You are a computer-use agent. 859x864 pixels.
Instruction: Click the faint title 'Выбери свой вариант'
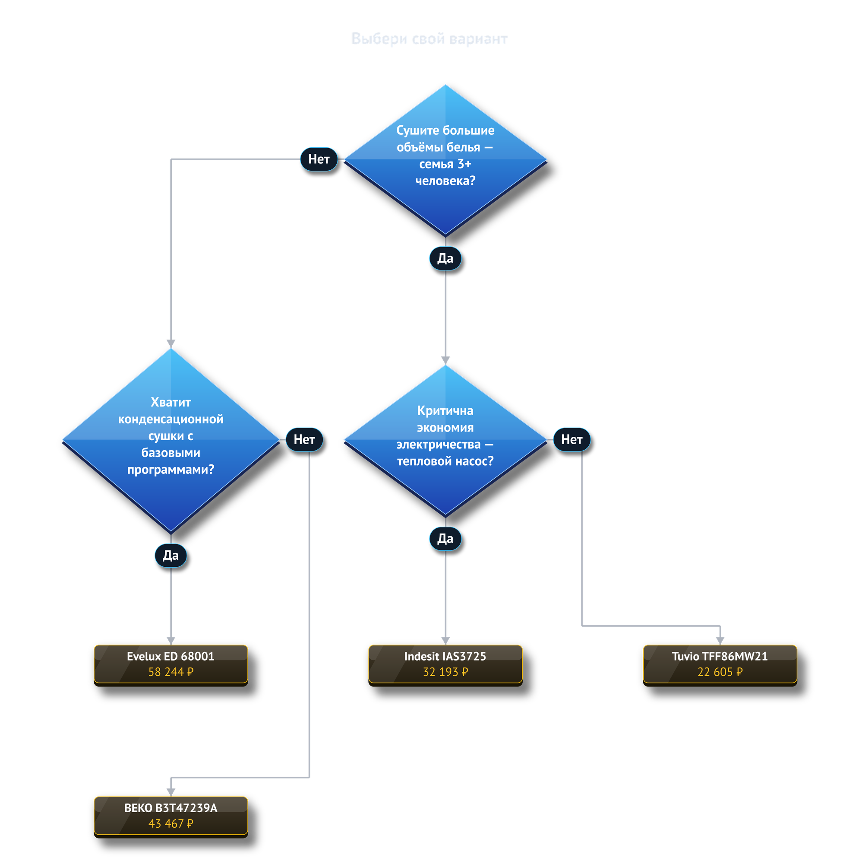click(429, 39)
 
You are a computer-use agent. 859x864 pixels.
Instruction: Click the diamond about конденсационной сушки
click(171, 440)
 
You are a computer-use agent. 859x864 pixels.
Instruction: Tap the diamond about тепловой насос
click(445, 440)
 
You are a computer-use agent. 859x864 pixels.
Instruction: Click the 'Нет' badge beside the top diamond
click(319, 159)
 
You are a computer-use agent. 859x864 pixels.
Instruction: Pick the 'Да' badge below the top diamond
click(445, 258)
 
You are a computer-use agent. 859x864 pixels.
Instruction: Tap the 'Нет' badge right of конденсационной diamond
click(304, 439)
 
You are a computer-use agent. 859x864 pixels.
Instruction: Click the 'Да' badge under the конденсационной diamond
click(171, 556)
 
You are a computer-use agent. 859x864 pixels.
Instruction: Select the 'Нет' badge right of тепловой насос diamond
click(572, 439)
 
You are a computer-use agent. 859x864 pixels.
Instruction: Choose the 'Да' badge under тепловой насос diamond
click(445, 538)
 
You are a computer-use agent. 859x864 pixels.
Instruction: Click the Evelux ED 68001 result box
click(171, 664)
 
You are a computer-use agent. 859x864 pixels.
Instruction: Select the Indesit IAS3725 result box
click(445, 664)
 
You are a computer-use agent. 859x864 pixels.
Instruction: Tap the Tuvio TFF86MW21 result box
click(720, 664)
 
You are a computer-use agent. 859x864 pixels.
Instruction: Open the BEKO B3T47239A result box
click(171, 816)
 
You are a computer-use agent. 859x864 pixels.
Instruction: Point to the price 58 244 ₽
click(171, 672)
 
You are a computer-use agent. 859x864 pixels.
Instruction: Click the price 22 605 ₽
click(720, 672)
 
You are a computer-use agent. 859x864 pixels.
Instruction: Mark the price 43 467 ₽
click(171, 823)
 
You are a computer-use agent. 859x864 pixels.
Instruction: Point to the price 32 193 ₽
click(445, 672)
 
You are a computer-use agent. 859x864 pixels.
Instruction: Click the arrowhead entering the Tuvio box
click(720, 641)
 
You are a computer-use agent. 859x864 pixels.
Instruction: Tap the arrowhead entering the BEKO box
click(171, 792)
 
